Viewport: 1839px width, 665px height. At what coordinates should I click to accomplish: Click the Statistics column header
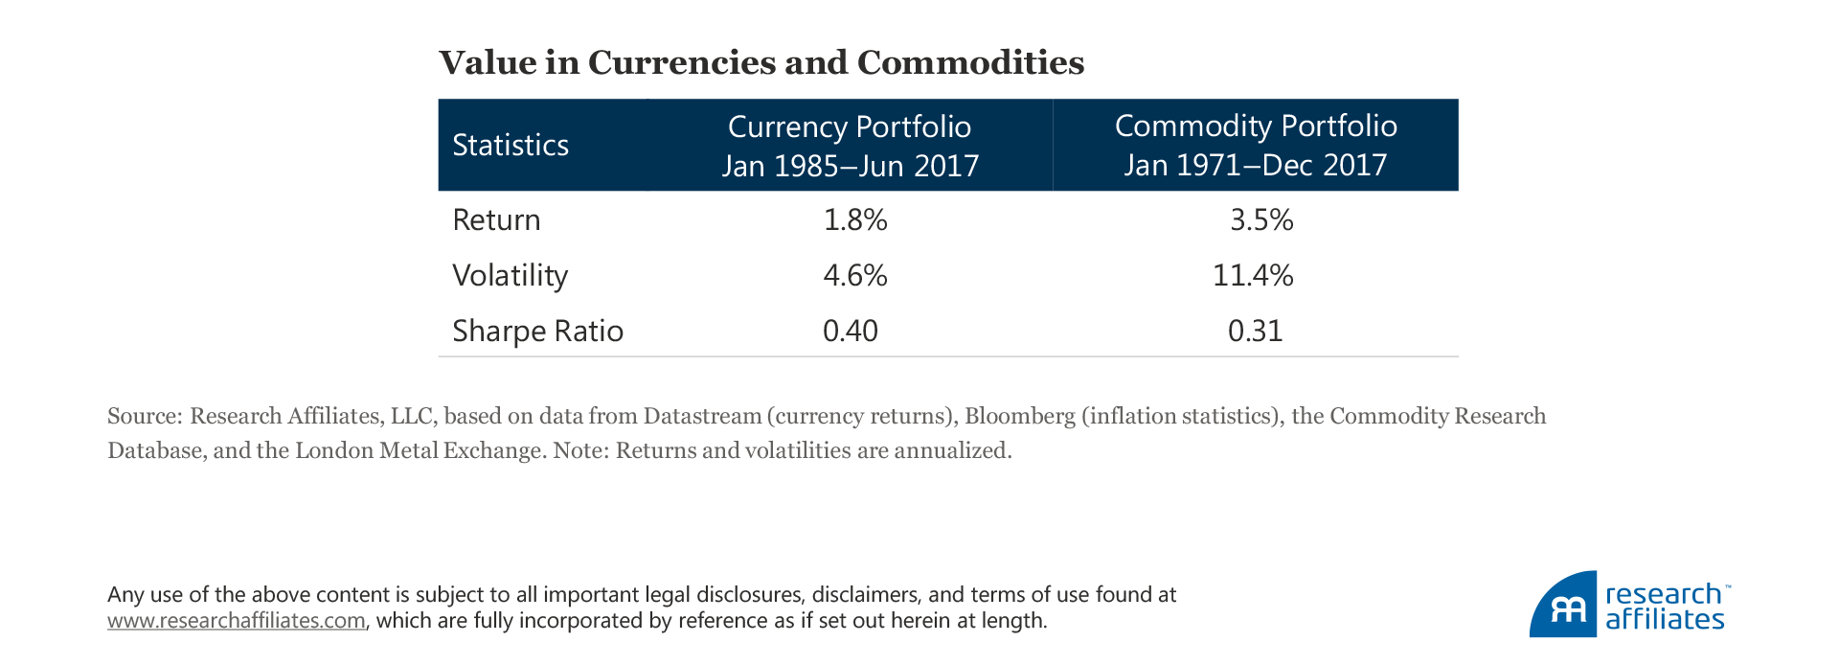click(x=511, y=145)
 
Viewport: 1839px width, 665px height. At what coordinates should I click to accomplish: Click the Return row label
click(x=496, y=220)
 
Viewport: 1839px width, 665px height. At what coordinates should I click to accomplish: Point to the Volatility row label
click(x=510, y=276)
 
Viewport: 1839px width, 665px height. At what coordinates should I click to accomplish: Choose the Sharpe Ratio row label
click(x=537, y=331)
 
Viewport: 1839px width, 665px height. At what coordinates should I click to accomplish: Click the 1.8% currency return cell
click(x=855, y=220)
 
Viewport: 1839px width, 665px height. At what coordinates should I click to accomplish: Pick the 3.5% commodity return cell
click(x=1261, y=220)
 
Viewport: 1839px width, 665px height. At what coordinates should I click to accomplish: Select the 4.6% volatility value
click(x=855, y=276)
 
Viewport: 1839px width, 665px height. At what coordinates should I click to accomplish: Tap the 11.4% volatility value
click(x=1253, y=276)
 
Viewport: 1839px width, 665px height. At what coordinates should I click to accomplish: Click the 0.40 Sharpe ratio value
click(x=851, y=331)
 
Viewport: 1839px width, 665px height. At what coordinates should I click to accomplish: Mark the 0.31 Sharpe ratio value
click(x=1255, y=331)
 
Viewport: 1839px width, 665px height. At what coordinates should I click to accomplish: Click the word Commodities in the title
click(x=970, y=62)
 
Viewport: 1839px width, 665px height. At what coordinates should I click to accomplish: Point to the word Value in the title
click(x=488, y=62)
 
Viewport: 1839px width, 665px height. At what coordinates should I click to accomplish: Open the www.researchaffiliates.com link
click(x=236, y=621)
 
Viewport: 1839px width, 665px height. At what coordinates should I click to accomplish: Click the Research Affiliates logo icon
click(x=1563, y=606)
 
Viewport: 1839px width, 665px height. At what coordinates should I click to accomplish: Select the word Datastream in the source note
click(x=702, y=416)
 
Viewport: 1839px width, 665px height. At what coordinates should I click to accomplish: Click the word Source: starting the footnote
click(x=145, y=416)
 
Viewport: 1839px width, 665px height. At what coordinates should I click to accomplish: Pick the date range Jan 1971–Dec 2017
click(x=1256, y=165)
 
